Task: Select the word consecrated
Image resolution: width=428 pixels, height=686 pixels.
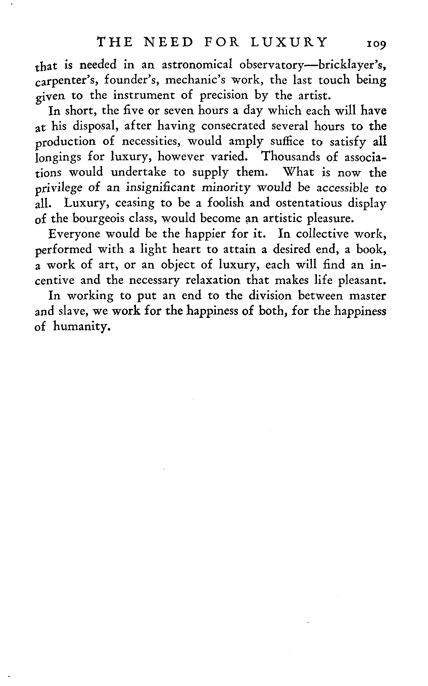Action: [233, 126]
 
